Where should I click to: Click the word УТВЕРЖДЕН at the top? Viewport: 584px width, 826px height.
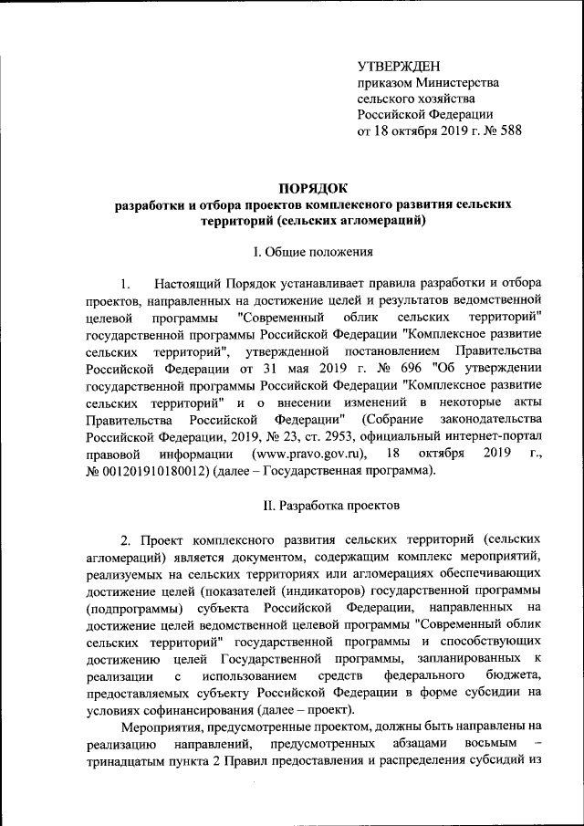(x=398, y=66)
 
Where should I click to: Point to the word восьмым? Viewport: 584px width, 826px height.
(x=489, y=745)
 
